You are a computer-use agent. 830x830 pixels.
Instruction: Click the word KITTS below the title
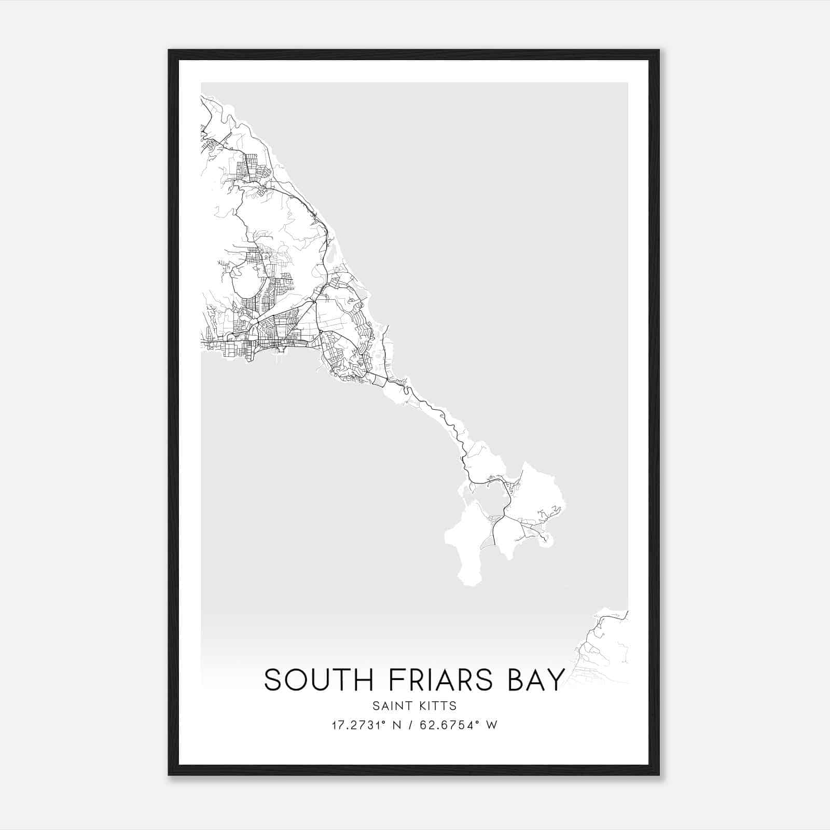(x=438, y=706)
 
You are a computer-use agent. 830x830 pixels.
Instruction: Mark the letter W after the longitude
(x=492, y=725)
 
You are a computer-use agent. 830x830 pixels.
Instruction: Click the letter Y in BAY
(x=555, y=680)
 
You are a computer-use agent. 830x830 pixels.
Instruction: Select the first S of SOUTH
(x=273, y=680)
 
